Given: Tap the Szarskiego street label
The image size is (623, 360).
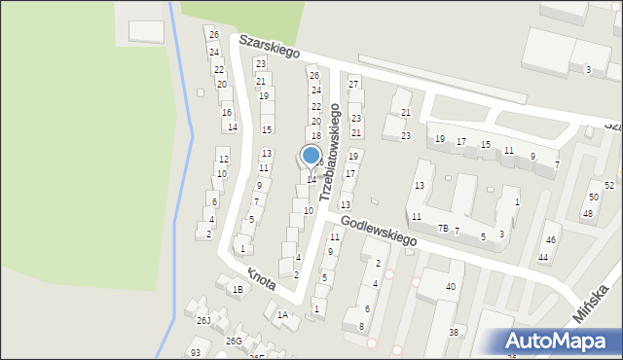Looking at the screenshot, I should (269, 46).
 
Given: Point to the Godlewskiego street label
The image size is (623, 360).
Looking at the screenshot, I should (379, 232).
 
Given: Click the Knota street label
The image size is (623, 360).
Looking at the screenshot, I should (260, 279).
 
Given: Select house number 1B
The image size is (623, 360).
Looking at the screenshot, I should (237, 289).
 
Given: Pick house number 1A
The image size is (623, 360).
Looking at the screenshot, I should (282, 314).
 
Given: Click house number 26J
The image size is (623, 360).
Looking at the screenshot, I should (203, 320).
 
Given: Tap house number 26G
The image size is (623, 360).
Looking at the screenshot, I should (234, 341).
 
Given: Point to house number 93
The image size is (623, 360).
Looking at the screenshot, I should (196, 352).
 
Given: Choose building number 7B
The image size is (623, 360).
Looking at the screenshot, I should (443, 228).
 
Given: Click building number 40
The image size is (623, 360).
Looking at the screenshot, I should (450, 287).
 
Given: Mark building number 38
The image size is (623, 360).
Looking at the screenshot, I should (453, 332).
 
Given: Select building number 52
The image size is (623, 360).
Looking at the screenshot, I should (609, 185).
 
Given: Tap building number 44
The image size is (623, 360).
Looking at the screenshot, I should (543, 258).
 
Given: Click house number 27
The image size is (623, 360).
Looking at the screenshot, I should (353, 85).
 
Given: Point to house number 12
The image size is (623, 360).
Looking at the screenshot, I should (223, 160).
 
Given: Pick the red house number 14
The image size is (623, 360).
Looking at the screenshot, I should (232, 127).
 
